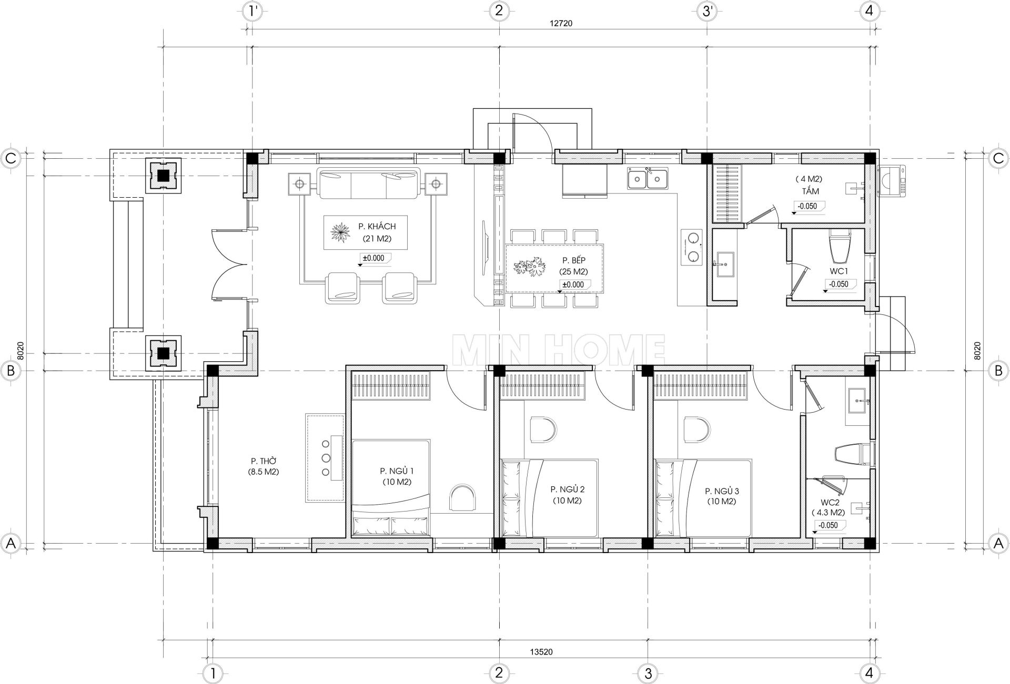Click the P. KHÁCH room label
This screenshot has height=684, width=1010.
(x=377, y=227)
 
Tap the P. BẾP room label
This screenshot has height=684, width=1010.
(x=573, y=260)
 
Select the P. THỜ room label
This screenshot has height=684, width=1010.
(x=264, y=461)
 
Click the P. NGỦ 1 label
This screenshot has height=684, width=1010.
(x=397, y=471)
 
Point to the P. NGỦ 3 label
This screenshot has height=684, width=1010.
(x=722, y=491)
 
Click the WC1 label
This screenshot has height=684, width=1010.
(x=838, y=271)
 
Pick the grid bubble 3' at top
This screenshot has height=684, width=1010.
(x=706, y=11)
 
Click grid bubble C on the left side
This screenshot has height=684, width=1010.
(x=12, y=157)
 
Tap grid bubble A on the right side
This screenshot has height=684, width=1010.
(x=998, y=543)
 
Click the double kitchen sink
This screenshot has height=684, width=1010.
(x=648, y=179)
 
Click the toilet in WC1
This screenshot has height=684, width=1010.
(x=840, y=247)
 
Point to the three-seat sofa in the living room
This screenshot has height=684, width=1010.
(x=369, y=183)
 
